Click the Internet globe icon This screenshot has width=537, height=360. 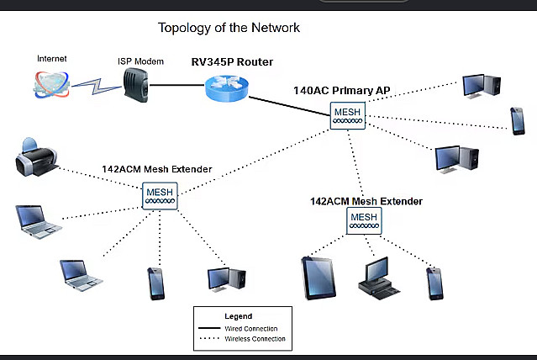point(52,84)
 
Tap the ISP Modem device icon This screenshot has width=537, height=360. point(135,85)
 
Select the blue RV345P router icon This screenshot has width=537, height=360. point(227,88)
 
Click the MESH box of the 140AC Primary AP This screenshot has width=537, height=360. point(348,115)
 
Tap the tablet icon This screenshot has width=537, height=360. point(319,278)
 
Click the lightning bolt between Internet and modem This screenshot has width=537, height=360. point(97,86)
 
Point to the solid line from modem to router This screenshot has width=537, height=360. point(177,85)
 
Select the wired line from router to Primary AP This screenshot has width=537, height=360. point(289,106)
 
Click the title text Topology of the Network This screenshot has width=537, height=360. point(229,28)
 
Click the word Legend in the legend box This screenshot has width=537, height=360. point(239,316)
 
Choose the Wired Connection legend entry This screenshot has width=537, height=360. point(251,328)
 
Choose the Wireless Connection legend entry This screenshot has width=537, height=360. point(255,339)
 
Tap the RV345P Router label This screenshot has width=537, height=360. point(232,62)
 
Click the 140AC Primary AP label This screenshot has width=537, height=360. point(342,91)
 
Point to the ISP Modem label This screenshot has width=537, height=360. point(140,61)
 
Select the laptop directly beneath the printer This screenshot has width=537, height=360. point(39,221)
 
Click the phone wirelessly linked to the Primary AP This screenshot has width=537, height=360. point(517,121)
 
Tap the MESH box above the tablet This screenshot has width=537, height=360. point(364,221)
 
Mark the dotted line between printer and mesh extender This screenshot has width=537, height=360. point(100,178)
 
